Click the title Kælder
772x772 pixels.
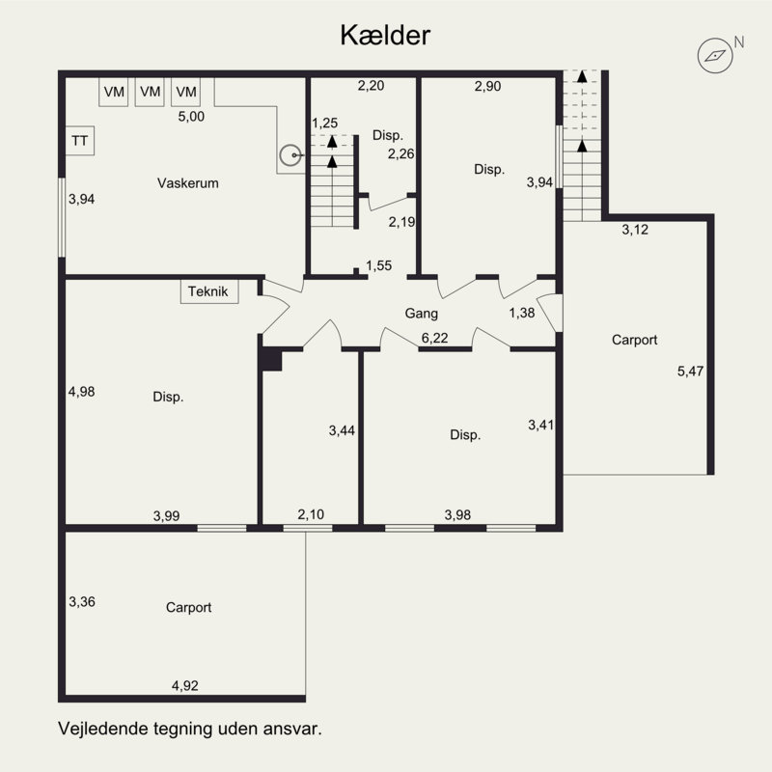385,36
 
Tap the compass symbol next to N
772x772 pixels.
715,56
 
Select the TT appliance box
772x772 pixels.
80,141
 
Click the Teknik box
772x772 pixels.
209,291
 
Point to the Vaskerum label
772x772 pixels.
187,183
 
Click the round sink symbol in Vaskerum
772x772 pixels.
290,155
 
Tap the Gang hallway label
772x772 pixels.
421,313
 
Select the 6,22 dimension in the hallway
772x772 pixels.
435,338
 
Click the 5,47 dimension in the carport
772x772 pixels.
690,371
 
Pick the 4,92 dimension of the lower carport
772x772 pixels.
184,685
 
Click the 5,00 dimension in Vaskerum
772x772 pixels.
191,116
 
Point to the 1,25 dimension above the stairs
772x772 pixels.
325,124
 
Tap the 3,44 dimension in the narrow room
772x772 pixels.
342,430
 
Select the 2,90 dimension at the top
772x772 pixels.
488,86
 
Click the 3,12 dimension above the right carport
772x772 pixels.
635,230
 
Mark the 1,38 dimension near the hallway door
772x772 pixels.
522,313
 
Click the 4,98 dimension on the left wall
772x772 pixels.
82,392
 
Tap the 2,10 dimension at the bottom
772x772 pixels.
311,514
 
